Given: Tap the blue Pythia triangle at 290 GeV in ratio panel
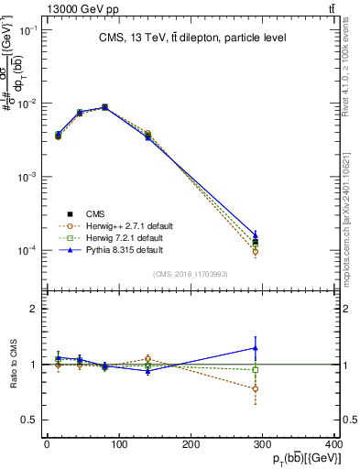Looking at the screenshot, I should (x=256, y=348).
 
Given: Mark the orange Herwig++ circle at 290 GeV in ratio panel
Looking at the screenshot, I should (x=256, y=388).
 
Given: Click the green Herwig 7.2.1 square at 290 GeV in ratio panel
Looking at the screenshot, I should (x=256, y=370).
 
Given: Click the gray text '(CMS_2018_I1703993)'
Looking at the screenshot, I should (x=191, y=273).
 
